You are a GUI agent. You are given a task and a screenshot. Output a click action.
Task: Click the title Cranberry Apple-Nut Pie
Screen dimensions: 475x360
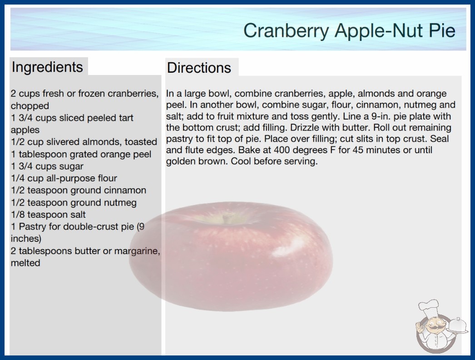349,30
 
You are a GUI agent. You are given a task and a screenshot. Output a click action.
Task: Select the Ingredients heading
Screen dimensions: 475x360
47,67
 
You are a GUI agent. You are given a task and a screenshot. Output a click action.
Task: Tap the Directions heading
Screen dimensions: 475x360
199,68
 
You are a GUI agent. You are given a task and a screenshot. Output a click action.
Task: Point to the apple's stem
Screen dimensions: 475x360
225,218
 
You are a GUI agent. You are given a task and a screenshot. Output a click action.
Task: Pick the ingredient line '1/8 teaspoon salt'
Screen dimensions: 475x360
48,215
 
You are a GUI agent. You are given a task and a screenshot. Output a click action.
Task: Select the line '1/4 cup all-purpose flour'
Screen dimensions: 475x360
64,178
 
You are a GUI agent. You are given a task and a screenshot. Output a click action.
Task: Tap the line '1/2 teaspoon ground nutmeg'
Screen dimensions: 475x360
74,203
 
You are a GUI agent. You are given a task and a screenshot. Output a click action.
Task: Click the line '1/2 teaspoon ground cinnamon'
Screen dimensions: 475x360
79,190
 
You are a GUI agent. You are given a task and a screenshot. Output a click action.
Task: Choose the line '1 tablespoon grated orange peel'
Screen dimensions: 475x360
81,154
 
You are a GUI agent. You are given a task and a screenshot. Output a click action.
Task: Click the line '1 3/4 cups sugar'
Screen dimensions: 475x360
47,166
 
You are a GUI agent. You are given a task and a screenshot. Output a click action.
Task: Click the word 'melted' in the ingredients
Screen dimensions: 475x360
25,263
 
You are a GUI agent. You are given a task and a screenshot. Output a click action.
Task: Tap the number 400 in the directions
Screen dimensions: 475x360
283,150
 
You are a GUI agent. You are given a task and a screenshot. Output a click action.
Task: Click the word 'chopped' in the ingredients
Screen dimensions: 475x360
30,106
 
